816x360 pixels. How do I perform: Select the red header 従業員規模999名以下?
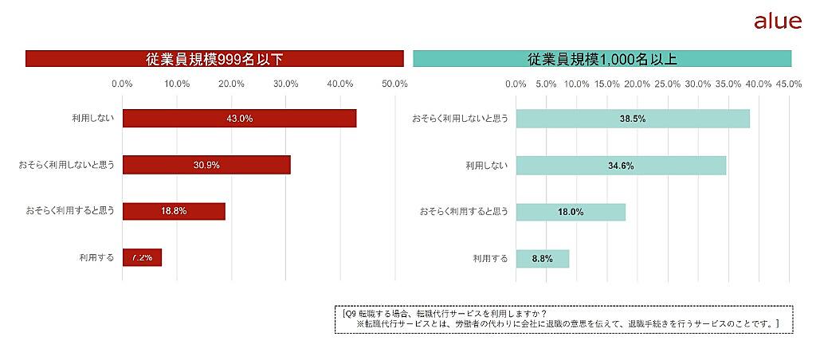pyautogui.click(x=214, y=59)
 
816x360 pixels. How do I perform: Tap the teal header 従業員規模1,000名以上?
pyautogui.click(x=602, y=59)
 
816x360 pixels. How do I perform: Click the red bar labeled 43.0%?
pyautogui.click(x=239, y=118)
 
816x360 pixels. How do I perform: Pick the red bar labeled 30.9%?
pyautogui.click(x=206, y=165)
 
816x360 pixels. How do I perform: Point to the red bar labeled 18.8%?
pyautogui.click(x=174, y=211)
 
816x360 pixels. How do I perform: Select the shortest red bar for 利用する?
pyautogui.click(x=142, y=257)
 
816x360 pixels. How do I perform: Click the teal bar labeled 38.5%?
pyautogui.click(x=633, y=118)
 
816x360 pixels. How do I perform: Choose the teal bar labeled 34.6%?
pyautogui.click(x=621, y=165)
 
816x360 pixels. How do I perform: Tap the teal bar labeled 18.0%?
pyautogui.click(x=571, y=212)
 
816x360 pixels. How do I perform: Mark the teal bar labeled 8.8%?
pyautogui.click(x=543, y=258)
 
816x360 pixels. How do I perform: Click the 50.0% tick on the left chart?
pyautogui.click(x=395, y=84)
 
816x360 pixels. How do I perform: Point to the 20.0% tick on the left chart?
pyautogui.click(x=231, y=84)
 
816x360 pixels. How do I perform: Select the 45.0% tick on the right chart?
pyautogui.click(x=789, y=84)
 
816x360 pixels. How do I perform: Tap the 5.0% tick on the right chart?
pyautogui.click(x=546, y=84)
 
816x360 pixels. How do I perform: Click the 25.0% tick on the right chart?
pyautogui.click(x=668, y=84)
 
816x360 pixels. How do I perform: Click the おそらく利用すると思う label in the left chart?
pyautogui.click(x=70, y=211)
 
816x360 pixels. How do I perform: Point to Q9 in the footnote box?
pyautogui.click(x=348, y=312)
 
